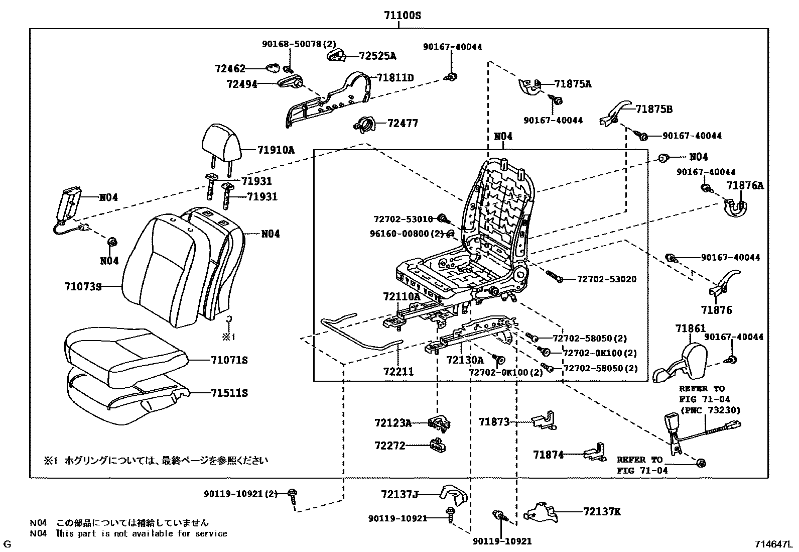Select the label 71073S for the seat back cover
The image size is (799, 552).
(x=83, y=287)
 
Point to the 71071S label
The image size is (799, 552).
(x=229, y=360)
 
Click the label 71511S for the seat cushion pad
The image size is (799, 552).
(x=229, y=393)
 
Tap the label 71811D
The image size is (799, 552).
(x=395, y=78)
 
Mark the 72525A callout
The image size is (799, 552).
(x=377, y=56)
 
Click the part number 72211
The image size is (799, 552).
(x=398, y=372)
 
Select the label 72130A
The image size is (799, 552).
(x=465, y=360)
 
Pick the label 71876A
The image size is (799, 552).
(x=745, y=186)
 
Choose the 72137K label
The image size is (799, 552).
(x=602, y=512)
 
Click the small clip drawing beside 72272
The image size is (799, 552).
(x=438, y=445)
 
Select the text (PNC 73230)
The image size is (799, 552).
(x=710, y=410)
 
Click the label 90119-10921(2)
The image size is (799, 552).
(x=240, y=494)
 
